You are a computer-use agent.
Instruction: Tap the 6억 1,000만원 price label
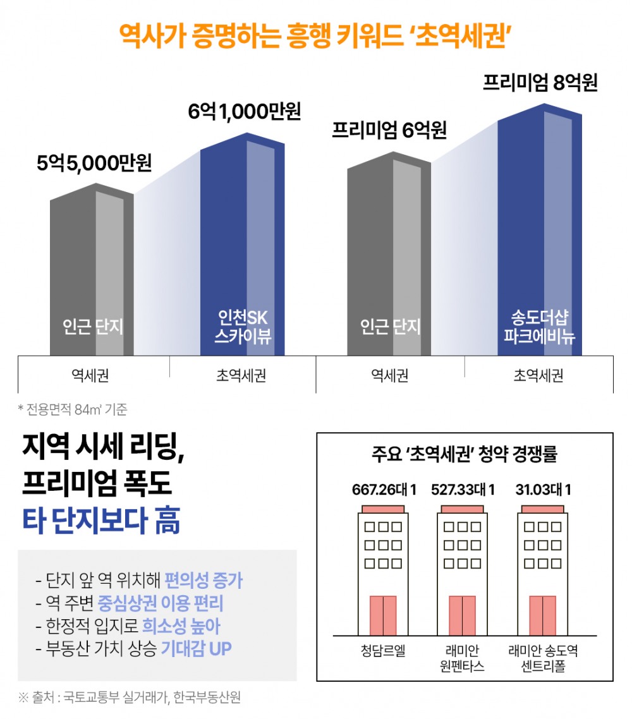click(x=244, y=111)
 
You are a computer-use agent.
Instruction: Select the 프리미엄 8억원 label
click(x=540, y=83)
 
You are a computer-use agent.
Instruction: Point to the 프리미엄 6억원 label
click(x=389, y=130)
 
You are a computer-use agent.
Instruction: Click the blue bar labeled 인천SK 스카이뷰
click(x=242, y=246)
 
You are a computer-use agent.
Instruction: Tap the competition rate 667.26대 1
click(x=384, y=490)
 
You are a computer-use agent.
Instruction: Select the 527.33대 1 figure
click(x=463, y=490)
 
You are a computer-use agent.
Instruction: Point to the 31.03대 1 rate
click(x=542, y=490)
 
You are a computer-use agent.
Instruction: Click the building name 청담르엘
click(x=383, y=651)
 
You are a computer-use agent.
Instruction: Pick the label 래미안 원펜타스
click(x=463, y=659)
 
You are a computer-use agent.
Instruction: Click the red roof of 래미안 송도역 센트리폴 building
click(x=544, y=509)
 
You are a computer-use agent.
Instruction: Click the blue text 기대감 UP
click(x=196, y=648)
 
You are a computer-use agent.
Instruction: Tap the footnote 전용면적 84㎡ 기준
click(x=73, y=409)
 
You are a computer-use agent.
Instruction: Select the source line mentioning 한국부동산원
click(x=130, y=698)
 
